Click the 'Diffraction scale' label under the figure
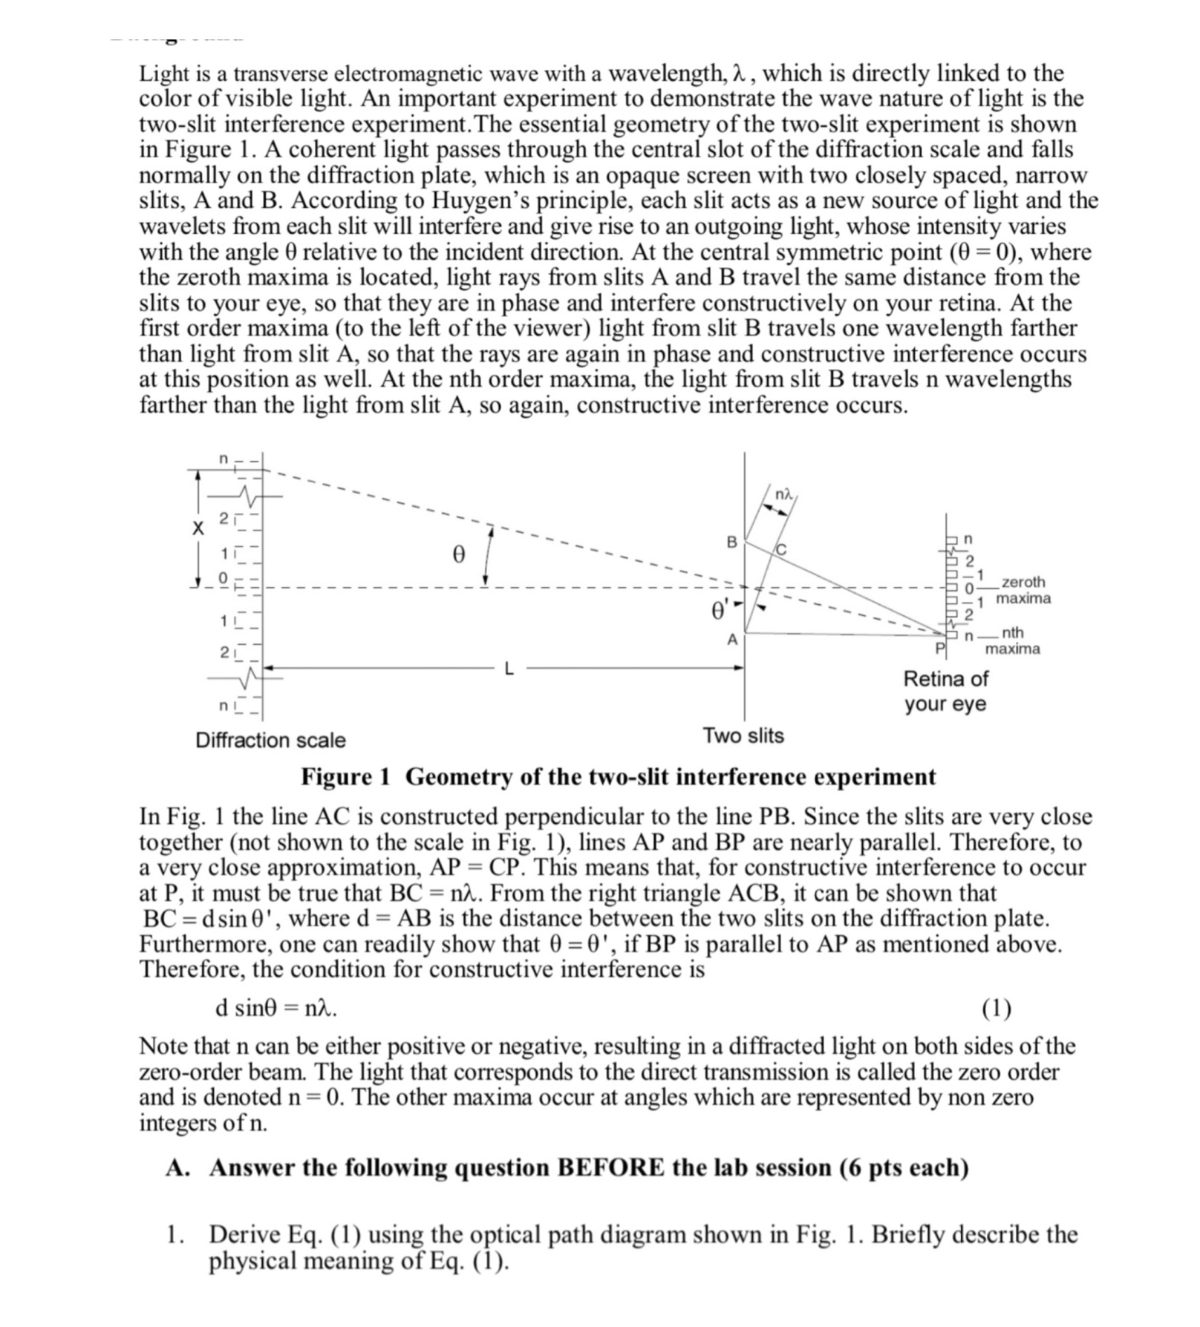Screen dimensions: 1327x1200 [x=270, y=740]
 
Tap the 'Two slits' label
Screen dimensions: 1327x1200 [x=743, y=735]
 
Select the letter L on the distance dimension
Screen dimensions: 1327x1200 [x=509, y=669]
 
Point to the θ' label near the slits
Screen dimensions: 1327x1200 [x=720, y=610]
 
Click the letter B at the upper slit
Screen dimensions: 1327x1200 [x=731, y=543]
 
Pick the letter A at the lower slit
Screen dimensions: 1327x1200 [x=732, y=639]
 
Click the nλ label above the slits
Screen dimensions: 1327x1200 [x=783, y=494]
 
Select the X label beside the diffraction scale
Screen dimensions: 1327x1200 [x=198, y=528]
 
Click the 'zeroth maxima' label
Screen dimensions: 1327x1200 [x=1023, y=590]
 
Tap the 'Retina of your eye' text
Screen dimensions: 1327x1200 [x=945, y=691]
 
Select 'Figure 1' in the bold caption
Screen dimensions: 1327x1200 [x=345, y=776]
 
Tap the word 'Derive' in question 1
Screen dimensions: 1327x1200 [x=245, y=1234]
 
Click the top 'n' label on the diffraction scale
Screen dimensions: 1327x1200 [x=223, y=460]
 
